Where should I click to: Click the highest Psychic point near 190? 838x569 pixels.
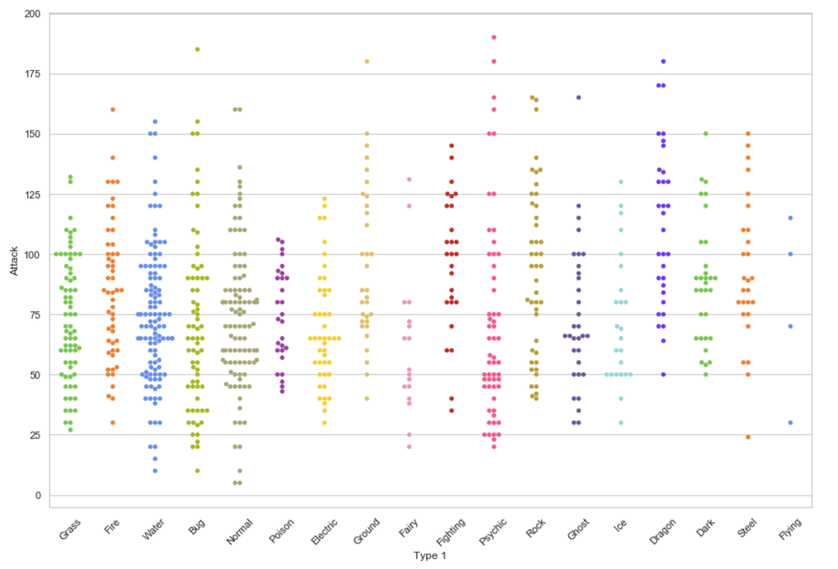point(494,37)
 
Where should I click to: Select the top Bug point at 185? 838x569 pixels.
point(198,50)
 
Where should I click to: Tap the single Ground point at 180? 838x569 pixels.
point(367,61)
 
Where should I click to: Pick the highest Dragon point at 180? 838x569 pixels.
point(663,61)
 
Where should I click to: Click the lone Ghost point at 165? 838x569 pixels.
point(578,98)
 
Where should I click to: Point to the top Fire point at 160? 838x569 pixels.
point(113,109)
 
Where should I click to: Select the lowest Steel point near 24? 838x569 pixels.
point(748,437)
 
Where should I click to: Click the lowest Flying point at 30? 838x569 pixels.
point(790,422)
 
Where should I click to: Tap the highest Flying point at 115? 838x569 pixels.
point(790,218)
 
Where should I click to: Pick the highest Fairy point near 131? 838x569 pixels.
point(409,179)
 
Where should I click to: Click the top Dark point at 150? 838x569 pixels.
point(706,133)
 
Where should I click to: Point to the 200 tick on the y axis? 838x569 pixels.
point(32,14)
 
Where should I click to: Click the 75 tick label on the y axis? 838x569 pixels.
point(35,315)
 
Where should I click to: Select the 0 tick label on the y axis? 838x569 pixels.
point(38,495)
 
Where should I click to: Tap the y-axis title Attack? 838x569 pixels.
point(14,261)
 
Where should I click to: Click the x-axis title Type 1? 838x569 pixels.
point(430,556)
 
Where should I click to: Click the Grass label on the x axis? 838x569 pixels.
point(70,530)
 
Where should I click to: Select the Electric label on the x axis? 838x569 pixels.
point(324,531)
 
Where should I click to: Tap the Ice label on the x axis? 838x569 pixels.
point(620,525)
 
